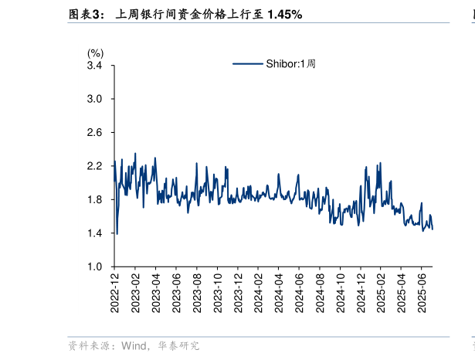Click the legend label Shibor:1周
pyautogui.click(x=290, y=64)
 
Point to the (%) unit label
pyautogui.click(x=95, y=53)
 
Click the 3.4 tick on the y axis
pyautogui.click(x=95, y=66)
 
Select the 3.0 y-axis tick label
pyautogui.click(x=95, y=99)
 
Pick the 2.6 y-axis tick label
pyautogui.click(x=95, y=133)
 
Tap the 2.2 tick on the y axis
pyautogui.click(x=95, y=166)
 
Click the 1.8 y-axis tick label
pyautogui.click(x=95, y=200)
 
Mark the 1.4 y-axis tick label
pyautogui.click(x=95, y=233)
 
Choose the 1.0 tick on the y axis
pyautogui.click(x=95, y=267)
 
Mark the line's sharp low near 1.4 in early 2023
pyautogui.click(x=117, y=233)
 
